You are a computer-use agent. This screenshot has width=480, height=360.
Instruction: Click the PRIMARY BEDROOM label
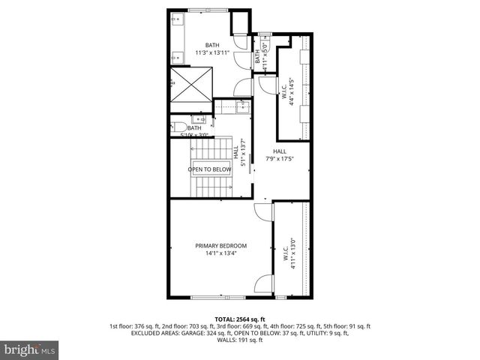pyautogui.click(x=220, y=246)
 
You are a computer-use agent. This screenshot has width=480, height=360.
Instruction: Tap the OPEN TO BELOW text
pyautogui.click(x=209, y=169)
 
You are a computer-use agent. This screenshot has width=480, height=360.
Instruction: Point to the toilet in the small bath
pyautogui.click(x=175, y=127)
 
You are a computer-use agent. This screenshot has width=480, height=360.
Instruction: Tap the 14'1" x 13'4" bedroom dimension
pyautogui.click(x=220, y=253)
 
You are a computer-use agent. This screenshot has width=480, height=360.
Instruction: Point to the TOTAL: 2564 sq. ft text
pyautogui.click(x=240, y=319)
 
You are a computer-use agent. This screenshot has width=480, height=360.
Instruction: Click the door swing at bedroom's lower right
pyautogui.click(x=262, y=286)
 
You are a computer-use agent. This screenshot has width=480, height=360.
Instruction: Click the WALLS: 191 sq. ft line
pyautogui.click(x=240, y=340)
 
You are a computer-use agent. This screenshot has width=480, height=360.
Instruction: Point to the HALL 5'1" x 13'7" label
pyautogui.click(x=239, y=154)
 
